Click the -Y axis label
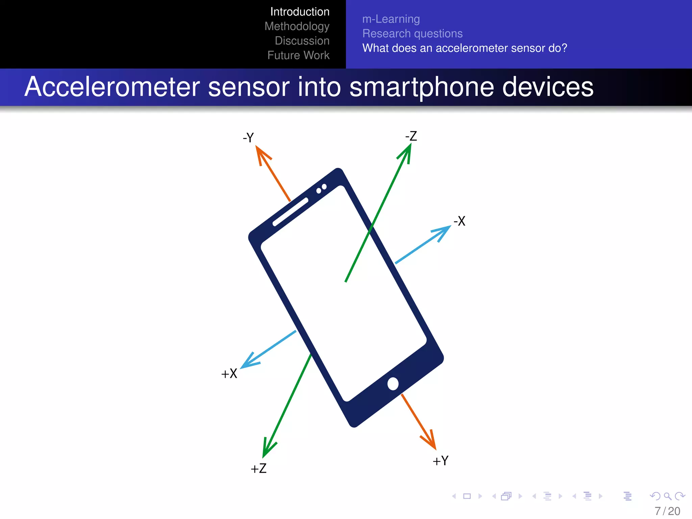(x=248, y=138)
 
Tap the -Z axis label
(x=411, y=136)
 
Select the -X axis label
(x=460, y=221)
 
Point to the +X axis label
(x=229, y=374)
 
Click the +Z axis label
(x=258, y=469)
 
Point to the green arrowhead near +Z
(x=268, y=449)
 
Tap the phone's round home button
(x=393, y=384)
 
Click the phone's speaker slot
(x=290, y=212)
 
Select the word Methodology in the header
(x=297, y=26)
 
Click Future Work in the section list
(x=298, y=55)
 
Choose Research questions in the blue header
(x=412, y=33)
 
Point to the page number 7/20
(x=667, y=511)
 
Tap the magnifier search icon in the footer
(x=667, y=496)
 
